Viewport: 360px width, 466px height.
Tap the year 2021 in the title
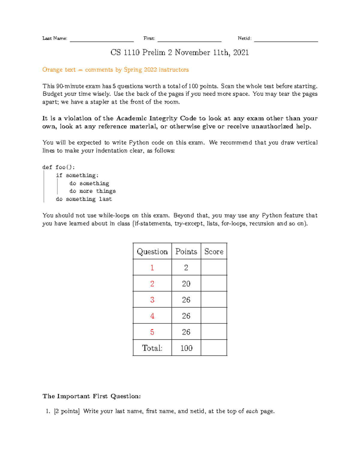click(x=241, y=53)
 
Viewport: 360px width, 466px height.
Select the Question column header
click(x=152, y=251)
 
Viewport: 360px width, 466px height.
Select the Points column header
click(x=186, y=251)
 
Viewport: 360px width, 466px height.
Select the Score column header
click(x=214, y=251)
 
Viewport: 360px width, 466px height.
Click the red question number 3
click(x=152, y=300)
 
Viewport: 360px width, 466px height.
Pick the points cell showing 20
click(x=186, y=284)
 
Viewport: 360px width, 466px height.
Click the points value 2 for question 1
click(x=186, y=267)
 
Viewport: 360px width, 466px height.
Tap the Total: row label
click(x=152, y=348)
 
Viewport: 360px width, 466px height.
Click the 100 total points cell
click(x=186, y=348)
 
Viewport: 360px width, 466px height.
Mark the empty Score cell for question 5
click(x=214, y=332)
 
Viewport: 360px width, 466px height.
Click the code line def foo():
click(x=59, y=167)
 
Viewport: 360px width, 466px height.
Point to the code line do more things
click(x=92, y=191)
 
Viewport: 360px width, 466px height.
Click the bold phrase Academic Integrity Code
click(x=156, y=118)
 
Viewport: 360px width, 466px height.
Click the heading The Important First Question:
click(x=91, y=396)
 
